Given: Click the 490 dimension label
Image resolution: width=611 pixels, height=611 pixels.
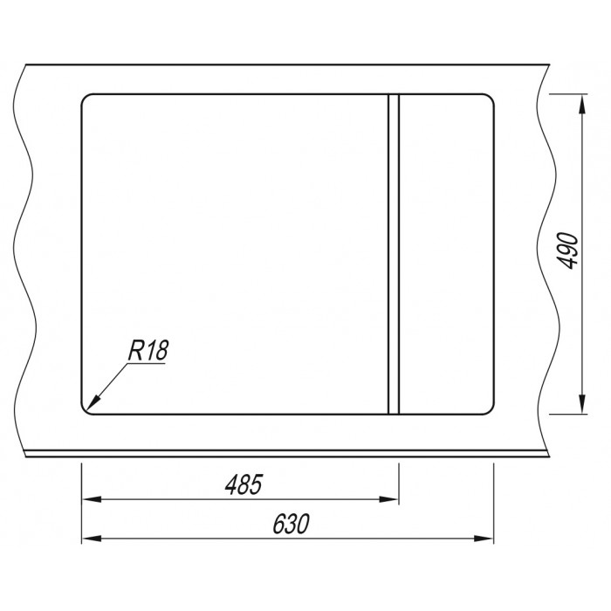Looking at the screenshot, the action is pyautogui.click(x=567, y=251).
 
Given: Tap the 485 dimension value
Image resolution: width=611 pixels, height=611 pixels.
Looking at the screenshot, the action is pyautogui.click(x=244, y=484).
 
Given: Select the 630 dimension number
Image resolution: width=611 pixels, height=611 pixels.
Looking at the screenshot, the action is pyautogui.click(x=291, y=524).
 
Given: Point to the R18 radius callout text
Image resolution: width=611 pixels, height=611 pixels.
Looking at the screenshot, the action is pyautogui.click(x=148, y=350).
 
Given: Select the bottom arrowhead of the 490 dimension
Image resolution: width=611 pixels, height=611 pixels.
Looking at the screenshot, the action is pyautogui.click(x=582, y=404).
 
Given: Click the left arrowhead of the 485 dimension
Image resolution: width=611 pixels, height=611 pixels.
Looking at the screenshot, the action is pyautogui.click(x=92, y=499).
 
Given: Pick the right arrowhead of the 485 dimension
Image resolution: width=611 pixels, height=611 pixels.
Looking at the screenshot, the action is pyautogui.click(x=388, y=499).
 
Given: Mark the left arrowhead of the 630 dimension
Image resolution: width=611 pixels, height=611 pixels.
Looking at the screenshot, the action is pyautogui.click(x=92, y=539).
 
